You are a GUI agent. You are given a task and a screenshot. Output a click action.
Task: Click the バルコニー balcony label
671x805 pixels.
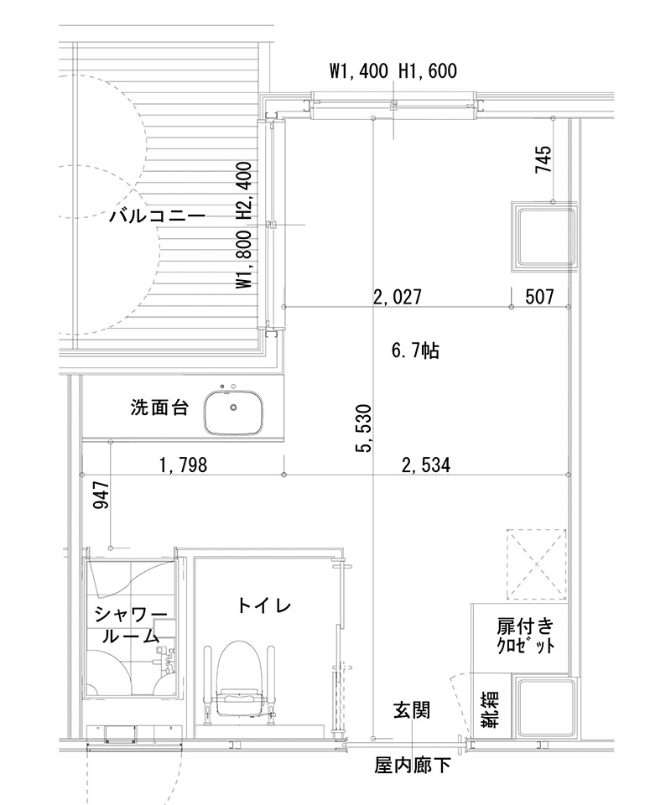click(x=157, y=216)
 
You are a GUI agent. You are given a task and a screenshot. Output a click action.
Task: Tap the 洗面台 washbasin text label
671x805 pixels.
click(x=159, y=408)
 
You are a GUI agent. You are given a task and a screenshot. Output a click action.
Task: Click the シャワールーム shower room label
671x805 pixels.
click(x=130, y=625)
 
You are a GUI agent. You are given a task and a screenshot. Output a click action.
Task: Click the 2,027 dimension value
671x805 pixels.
click(x=397, y=296)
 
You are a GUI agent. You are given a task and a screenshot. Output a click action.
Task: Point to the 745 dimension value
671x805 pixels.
click(x=543, y=160)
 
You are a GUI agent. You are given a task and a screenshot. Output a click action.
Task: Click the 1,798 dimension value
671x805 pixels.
click(x=182, y=465)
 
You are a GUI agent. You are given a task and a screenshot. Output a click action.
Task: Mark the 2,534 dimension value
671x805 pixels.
click(x=426, y=465)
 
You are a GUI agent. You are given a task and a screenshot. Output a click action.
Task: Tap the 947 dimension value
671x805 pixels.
click(x=100, y=502)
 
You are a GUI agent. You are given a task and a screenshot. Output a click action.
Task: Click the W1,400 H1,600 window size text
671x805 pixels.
click(x=393, y=72)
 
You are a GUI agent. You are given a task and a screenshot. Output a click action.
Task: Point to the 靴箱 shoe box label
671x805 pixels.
click(x=490, y=708)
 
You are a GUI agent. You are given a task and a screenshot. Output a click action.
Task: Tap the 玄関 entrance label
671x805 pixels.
click(x=412, y=711)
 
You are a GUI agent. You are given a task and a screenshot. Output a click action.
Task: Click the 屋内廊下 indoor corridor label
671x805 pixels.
click(x=413, y=765)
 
